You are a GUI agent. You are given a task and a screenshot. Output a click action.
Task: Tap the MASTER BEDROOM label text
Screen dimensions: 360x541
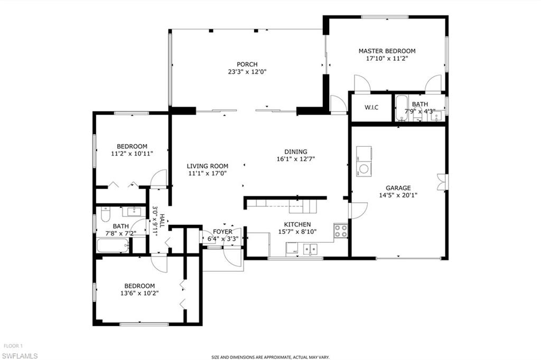click(x=387, y=51)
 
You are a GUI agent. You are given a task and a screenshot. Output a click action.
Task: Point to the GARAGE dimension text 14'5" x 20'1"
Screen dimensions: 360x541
click(x=398, y=195)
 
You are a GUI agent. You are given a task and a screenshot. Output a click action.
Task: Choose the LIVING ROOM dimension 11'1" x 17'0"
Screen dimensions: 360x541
click(x=208, y=173)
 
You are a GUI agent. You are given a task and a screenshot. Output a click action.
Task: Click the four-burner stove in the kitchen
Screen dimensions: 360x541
click(x=341, y=230)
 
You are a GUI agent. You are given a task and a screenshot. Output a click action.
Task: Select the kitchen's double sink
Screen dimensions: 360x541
click(x=309, y=248)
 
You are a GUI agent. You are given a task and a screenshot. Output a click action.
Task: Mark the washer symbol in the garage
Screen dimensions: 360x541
click(x=364, y=170)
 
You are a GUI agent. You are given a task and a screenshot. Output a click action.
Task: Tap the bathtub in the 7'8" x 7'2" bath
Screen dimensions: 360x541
click(x=113, y=245)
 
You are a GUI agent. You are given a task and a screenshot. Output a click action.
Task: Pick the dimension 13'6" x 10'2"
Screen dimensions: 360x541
click(x=140, y=293)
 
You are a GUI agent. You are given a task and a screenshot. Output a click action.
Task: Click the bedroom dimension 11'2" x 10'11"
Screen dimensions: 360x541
click(x=132, y=154)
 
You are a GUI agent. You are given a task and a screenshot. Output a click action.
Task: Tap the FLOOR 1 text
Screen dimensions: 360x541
click(x=13, y=347)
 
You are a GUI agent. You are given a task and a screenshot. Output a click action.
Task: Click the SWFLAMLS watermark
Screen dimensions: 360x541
click(x=20, y=355)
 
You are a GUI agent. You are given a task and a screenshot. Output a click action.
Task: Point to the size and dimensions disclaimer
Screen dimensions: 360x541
click(x=270, y=356)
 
